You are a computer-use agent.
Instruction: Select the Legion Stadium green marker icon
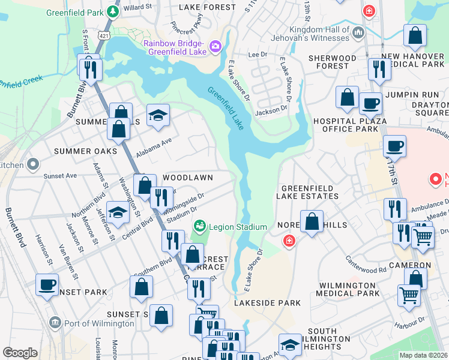(199, 227)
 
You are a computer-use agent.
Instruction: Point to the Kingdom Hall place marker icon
(359, 31)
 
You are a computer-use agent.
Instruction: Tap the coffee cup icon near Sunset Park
(47, 284)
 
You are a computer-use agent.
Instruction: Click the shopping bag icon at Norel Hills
(312, 221)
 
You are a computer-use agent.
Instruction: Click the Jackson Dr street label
(271, 110)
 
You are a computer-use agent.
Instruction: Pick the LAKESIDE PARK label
(267, 303)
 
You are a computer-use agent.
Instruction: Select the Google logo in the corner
(20, 353)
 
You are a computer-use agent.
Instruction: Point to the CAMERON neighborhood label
(409, 265)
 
